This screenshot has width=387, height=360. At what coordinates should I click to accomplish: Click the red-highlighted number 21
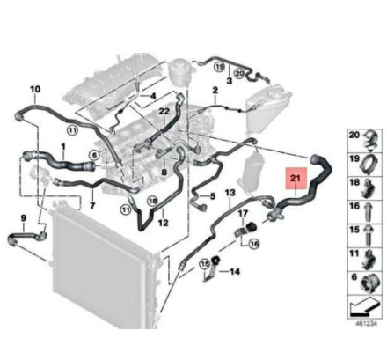[296, 178]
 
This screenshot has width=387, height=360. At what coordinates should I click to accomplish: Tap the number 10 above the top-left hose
[35, 89]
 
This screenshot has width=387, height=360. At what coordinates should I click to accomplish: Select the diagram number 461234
[367, 323]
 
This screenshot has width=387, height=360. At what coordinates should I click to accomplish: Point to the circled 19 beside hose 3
[220, 67]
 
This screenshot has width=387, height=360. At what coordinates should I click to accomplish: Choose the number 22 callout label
[164, 112]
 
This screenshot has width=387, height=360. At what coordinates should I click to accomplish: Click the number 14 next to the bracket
[235, 272]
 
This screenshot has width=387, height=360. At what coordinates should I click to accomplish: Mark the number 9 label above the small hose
[24, 218]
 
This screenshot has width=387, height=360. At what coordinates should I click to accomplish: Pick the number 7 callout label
[92, 206]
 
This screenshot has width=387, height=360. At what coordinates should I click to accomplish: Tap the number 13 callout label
[230, 193]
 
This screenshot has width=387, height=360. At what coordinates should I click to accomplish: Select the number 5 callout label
[213, 195]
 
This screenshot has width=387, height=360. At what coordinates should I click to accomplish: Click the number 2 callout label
[215, 90]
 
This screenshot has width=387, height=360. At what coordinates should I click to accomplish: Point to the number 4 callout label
[153, 96]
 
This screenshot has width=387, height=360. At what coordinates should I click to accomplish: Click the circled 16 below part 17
[254, 244]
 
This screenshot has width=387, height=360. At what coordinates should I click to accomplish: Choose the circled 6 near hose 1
[94, 155]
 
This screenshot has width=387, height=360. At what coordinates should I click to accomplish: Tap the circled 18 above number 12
[153, 201]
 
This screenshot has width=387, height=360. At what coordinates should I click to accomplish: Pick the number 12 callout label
[164, 223]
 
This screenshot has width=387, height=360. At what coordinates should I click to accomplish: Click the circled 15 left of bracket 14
[204, 264]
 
